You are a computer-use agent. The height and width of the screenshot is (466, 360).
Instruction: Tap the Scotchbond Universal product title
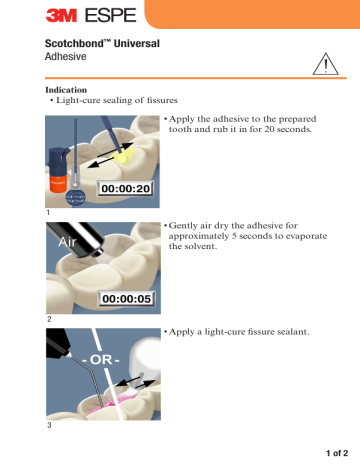tap(104, 45)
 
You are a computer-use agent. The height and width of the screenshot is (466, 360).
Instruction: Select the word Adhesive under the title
tap(67, 59)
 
